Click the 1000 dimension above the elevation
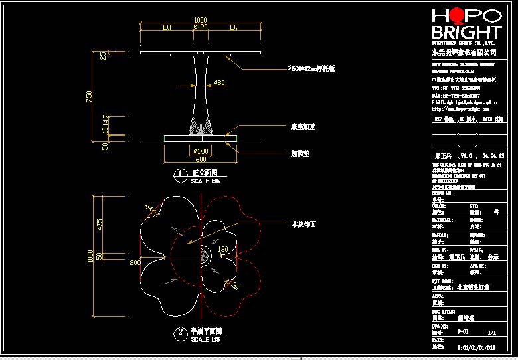[x=200, y=20]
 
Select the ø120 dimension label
[x=201, y=27]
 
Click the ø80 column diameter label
[x=220, y=83]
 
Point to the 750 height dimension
[x=89, y=96]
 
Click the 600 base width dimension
[x=200, y=159]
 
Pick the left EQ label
[x=167, y=27]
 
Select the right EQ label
[x=234, y=27]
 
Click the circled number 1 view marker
[x=179, y=175]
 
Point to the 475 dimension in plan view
[x=100, y=225]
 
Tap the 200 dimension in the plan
[x=136, y=263]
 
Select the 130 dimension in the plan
[x=222, y=249]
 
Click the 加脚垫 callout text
[x=300, y=153]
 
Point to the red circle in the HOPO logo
[x=456, y=16]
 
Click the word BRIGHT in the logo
[x=466, y=32]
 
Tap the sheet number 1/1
[x=492, y=333]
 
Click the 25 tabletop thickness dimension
[x=103, y=56]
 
